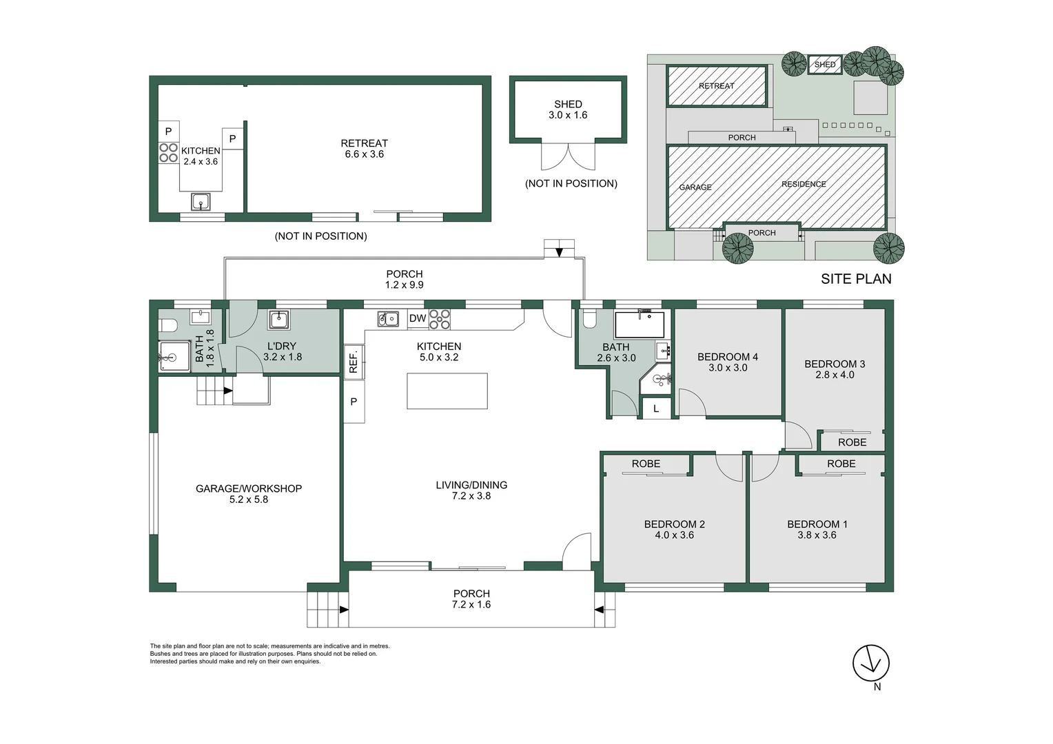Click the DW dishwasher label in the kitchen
click(x=418, y=319)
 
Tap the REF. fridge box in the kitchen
click(x=354, y=362)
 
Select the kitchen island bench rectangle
click(x=447, y=391)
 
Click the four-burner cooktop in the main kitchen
click(x=440, y=319)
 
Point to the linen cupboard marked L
click(x=656, y=409)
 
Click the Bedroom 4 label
click(x=728, y=358)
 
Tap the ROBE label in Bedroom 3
click(x=852, y=442)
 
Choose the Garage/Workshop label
click(x=249, y=489)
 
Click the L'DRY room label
click(x=282, y=347)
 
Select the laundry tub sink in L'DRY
click(x=279, y=320)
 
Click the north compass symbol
click(x=871, y=663)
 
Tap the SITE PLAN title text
click(x=856, y=279)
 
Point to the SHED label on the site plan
click(x=825, y=65)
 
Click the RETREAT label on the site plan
click(x=717, y=86)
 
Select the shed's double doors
click(x=568, y=157)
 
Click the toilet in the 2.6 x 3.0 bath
click(x=589, y=318)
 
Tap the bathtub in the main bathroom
click(x=640, y=324)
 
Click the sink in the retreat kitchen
click(x=201, y=203)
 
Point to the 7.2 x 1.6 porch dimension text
click(x=471, y=604)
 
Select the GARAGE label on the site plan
click(x=695, y=187)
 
